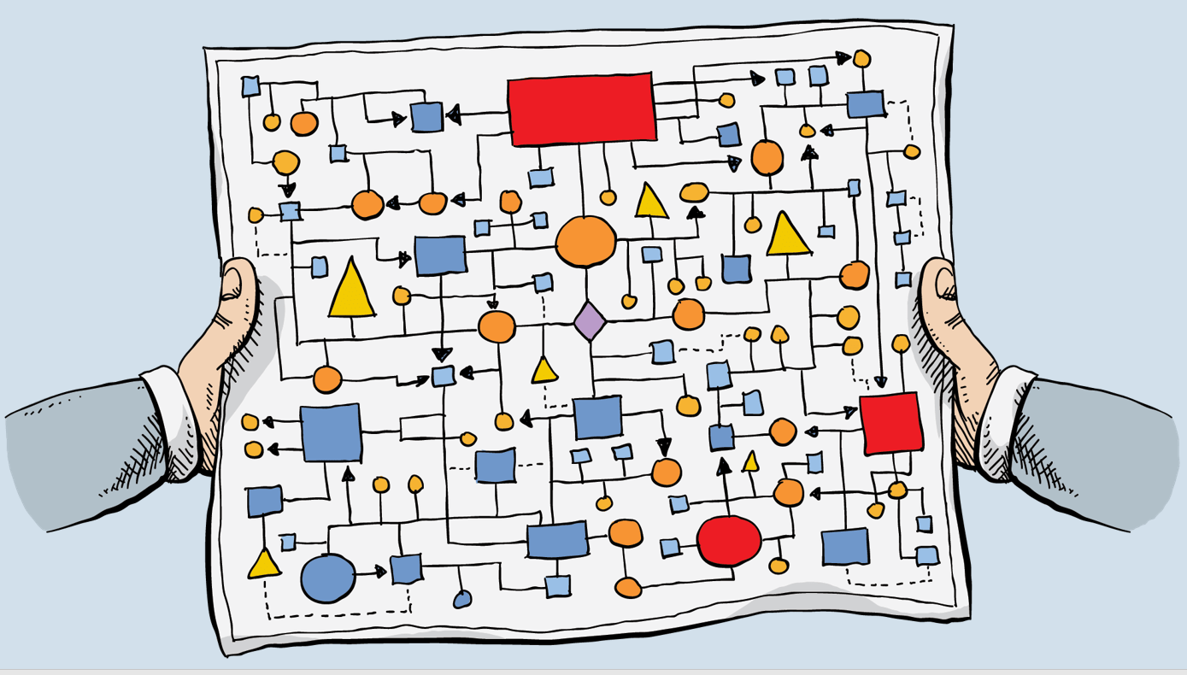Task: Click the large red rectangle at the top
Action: (582, 109)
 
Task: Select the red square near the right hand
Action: (890, 423)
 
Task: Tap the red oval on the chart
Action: (729, 541)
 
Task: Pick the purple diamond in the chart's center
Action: (590, 321)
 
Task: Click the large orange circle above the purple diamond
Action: (585, 242)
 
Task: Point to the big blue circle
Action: (328, 578)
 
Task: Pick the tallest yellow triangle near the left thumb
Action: (351, 289)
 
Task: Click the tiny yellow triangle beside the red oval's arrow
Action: (750, 462)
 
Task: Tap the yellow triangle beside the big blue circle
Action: (264, 564)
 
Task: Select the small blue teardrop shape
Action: (462, 599)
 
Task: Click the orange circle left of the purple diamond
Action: (497, 326)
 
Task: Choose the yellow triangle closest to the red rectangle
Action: (651, 202)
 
